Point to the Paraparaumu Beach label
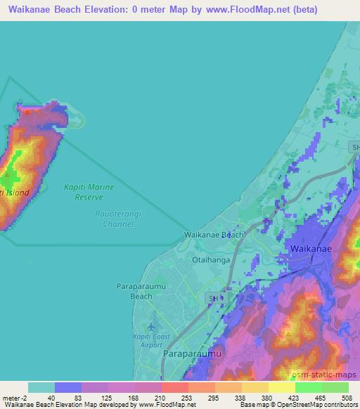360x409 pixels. click(x=132, y=291)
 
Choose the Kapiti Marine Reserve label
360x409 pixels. click(x=89, y=192)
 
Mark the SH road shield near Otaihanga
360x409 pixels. click(x=214, y=299)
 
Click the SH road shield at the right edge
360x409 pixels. click(x=354, y=146)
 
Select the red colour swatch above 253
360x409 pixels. click(x=174, y=387)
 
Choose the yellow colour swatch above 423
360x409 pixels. click(x=281, y=387)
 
